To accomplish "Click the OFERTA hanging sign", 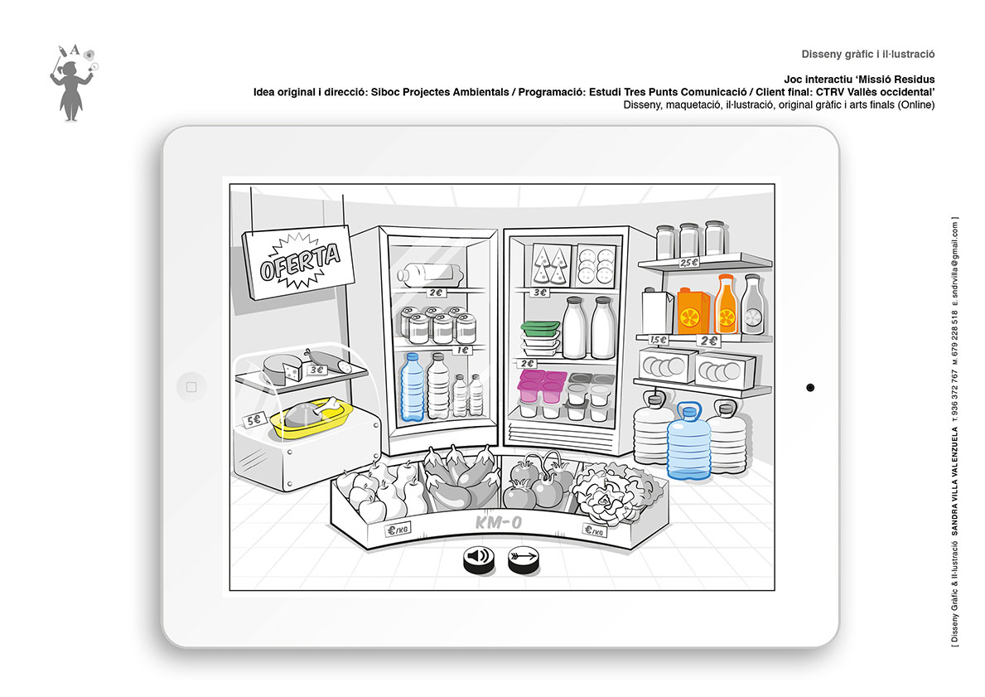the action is [298, 261].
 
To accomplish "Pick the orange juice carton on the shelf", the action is [693, 311].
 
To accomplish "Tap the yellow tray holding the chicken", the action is [312, 419].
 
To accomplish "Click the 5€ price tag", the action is [255, 420].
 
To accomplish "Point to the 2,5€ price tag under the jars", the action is [688, 263].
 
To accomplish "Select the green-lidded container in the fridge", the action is [540, 327].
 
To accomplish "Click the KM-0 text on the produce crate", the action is [498, 522].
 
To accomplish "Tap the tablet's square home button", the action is [191, 387].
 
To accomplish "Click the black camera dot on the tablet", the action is [810, 388].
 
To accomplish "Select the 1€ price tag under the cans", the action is [462, 350].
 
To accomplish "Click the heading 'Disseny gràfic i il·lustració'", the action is [867, 54].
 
